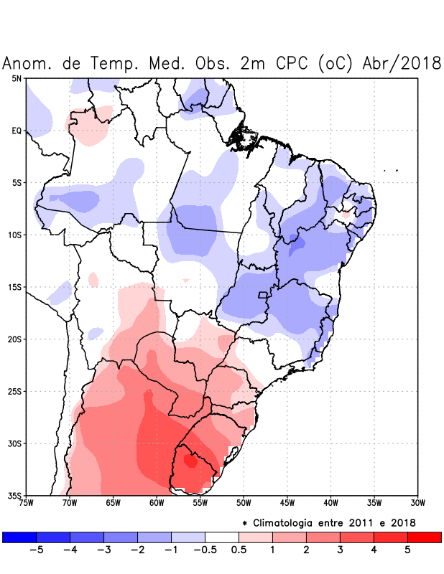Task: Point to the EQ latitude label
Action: pyautogui.click(x=16, y=131)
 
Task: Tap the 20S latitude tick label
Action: pyautogui.click(x=15, y=339)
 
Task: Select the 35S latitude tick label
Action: pyautogui.click(x=15, y=496)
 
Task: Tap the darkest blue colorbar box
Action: pyautogui.click(x=19, y=537)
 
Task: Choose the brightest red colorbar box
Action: pyautogui.click(x=424, y=537)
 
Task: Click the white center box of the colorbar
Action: pyautogui.click(x=222, y=537)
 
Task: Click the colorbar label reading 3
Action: pyautogui.click(x=340, y=550)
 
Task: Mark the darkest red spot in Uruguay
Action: pyautogui.click(x=190, y=461)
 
